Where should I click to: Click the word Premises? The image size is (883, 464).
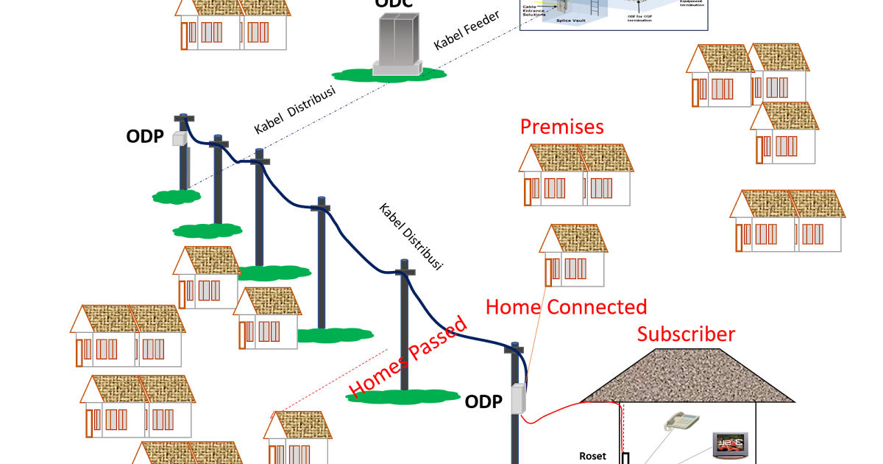561,127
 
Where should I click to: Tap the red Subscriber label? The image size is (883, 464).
686,334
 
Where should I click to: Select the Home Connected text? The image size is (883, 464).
566,306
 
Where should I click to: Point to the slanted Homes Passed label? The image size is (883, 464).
408,357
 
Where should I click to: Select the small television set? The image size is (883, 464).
730,443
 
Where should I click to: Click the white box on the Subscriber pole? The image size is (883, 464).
519,398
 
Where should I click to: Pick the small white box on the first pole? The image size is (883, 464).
178,138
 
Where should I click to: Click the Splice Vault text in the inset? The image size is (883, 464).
570,21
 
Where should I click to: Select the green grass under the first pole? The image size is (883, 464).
177,197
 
